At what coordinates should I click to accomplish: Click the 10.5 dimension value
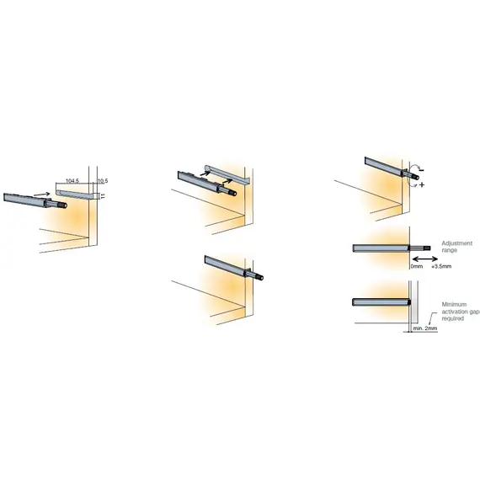[102, 180]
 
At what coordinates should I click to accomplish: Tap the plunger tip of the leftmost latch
[61, 203]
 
